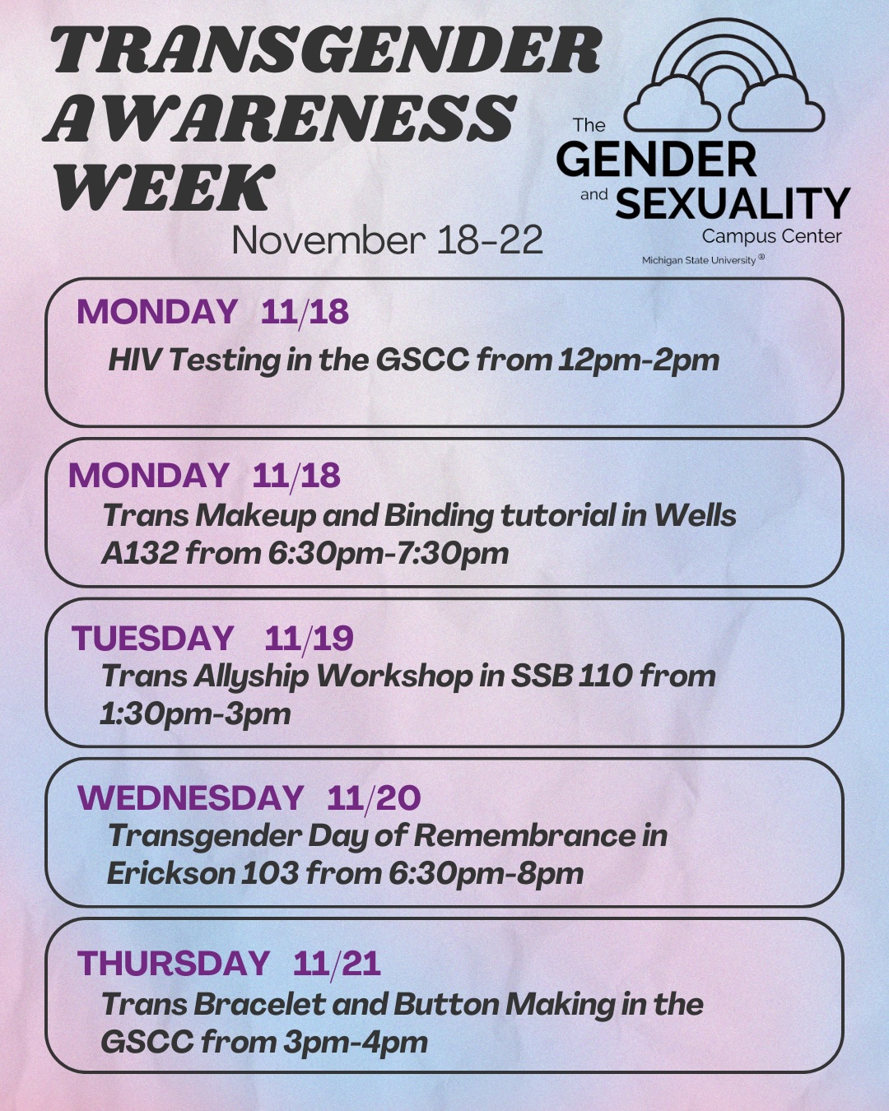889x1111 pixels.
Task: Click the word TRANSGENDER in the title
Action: click(327, 50)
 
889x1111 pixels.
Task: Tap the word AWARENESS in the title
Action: click(280, 119)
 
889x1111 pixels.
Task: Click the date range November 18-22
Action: click(388, 240)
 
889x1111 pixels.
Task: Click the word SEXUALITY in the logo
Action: click(733, 203)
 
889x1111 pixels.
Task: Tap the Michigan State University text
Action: click(702, 260)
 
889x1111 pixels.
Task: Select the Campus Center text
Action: click(772, 236)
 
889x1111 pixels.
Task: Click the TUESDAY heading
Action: click(153, 638)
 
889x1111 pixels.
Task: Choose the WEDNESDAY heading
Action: click(190, 797)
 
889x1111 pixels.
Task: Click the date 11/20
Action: click(374, 798)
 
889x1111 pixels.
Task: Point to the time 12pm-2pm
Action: click(639, 360)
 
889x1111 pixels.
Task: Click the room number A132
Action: click(139, 554)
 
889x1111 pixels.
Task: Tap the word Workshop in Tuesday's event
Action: click(394, 676)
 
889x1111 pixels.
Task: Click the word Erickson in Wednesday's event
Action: click(170, 874)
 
